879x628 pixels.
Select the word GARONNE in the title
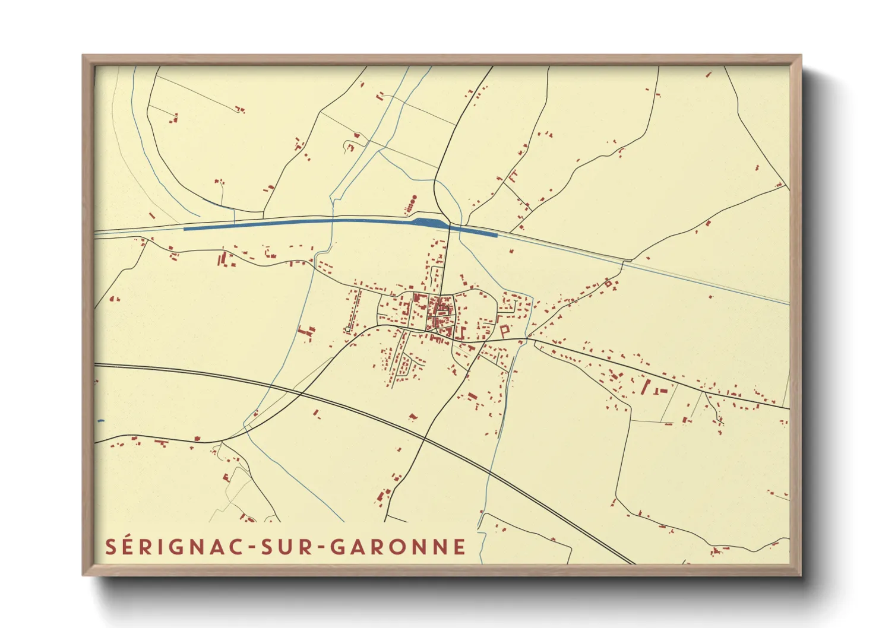399,547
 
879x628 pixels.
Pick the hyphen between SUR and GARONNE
321,548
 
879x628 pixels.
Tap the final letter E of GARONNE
459,547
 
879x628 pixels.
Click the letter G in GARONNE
338,547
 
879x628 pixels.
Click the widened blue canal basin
428,222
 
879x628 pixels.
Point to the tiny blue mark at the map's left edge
100,421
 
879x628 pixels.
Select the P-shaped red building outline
505,331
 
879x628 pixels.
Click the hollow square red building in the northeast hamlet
608,284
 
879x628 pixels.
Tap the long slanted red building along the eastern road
646,386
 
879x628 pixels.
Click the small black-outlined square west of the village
347,329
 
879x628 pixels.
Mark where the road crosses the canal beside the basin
450,226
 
